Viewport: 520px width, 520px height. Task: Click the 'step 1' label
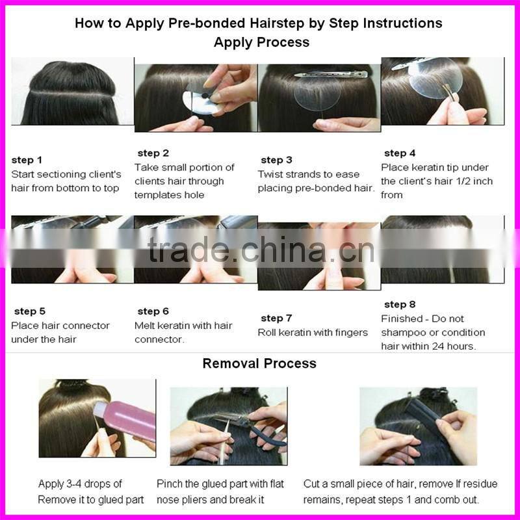[27, 160]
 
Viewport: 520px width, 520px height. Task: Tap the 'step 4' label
[400, 153]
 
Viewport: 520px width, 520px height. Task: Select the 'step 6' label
[153, 311]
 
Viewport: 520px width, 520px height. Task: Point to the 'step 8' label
[400, 304]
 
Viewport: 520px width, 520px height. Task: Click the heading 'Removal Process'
[259, 363]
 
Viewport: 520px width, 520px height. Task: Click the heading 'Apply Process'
[262, 42]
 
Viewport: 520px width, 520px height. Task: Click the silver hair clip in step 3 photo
[331, 74]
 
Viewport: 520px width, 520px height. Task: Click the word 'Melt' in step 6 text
[144, 326]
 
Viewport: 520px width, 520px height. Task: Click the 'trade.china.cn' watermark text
[261, 249]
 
